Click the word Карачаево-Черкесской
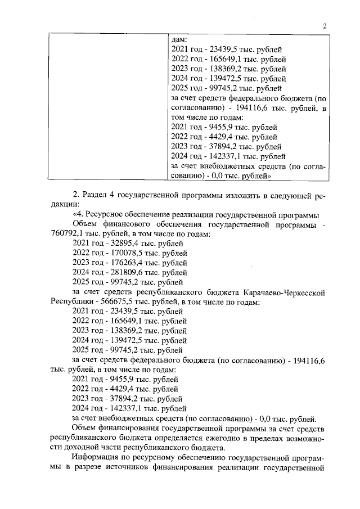[x=285, y=293]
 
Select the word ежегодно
[x=191, y=437]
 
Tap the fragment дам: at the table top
[x=178, y=40]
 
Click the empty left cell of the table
[x=106, y=107]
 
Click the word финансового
[x=129, y=224]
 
